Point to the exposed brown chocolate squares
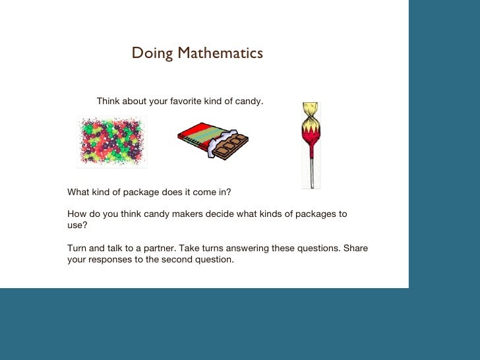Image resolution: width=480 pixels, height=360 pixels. click(231, 146)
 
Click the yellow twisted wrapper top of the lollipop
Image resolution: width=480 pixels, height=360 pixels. click(310, 113)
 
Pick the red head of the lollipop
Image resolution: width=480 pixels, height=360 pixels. click(310, 135)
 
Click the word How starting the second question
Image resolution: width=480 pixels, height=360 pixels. click(77, 214)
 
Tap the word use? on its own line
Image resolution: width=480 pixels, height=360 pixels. click(77, 225)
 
